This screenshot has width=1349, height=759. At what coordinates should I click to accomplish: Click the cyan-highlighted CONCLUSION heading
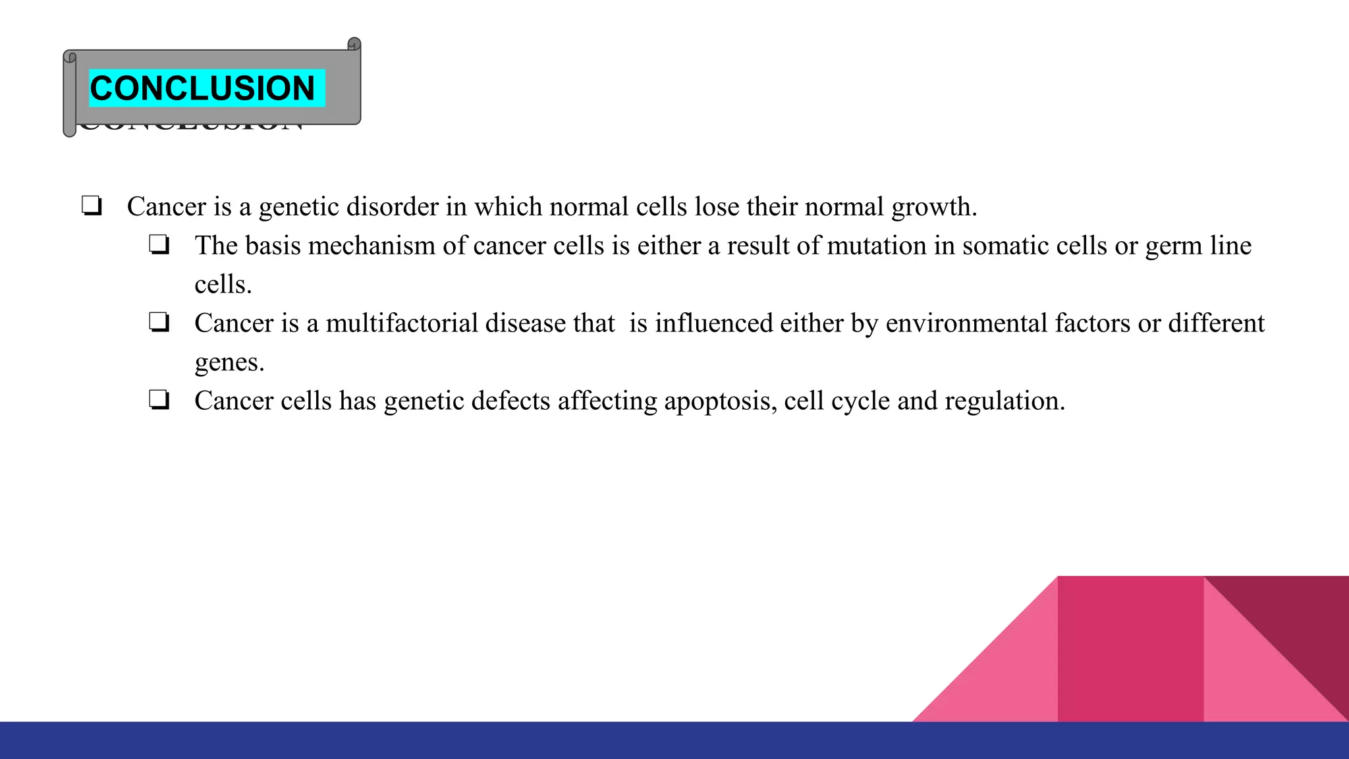(x=202, y=88)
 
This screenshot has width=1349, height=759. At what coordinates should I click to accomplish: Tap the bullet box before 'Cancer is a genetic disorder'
(x=92, y=206)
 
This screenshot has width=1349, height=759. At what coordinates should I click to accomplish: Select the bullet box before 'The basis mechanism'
(x=159, y=245)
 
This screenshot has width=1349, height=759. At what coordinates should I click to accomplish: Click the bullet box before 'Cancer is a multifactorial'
(x=159, y=323)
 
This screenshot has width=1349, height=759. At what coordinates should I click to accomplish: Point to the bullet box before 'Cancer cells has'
(x=159, y=400)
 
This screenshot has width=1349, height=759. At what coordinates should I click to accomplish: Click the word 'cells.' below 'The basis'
(x=223, y=285)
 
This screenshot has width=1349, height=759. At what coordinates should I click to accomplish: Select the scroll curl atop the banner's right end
(x=354, y=44)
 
